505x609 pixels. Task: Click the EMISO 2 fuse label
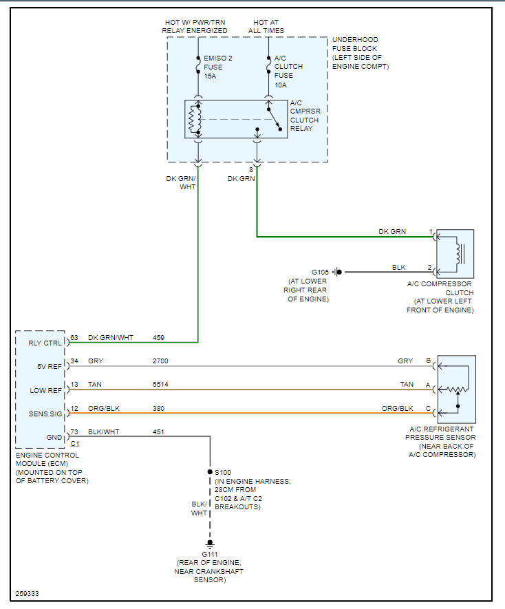(x=218, y=58)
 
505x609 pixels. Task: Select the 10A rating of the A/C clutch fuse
(x=281, y=85)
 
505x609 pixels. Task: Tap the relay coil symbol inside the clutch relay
(x=194, y=120)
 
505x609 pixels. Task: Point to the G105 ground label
(x=320, y=273)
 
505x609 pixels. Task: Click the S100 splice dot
(x=210, y=472)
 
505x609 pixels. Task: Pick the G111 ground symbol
(x=210, y=544)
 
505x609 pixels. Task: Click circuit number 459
(x=158, y=337)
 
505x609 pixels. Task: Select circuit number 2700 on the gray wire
(x=160, y=361)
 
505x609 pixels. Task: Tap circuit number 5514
(x=160, y=384)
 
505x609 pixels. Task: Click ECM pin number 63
(x=74, y=337)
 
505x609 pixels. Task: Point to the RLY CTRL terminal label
(x=45, y=343)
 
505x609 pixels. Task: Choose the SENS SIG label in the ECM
(x=45, y=414)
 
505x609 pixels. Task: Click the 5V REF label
(x=50, y=366)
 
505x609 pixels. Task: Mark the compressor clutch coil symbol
(x=458, y=254)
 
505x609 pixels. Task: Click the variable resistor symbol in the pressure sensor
(x=458, y=389)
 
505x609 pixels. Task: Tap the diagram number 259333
(x=28, y=593)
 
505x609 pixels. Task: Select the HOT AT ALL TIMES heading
(x=266, y=26)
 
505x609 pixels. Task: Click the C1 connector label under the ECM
(x=75, y=444)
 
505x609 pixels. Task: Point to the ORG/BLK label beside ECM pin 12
(x=104, y=408)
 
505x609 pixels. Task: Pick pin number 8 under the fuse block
(x=251, y=170)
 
